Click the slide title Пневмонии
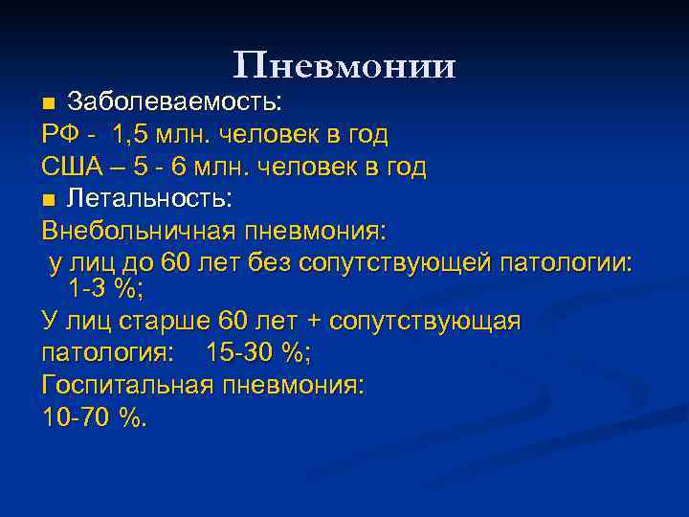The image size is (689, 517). [x=344, y=65]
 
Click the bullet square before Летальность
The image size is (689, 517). [x=50, y=200]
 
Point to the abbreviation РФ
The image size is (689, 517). [x=60, y=135]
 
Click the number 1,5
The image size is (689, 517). [x=132, y=135]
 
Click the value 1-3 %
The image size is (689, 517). [x=105, y=287]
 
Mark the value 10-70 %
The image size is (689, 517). [x=96, y=418]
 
